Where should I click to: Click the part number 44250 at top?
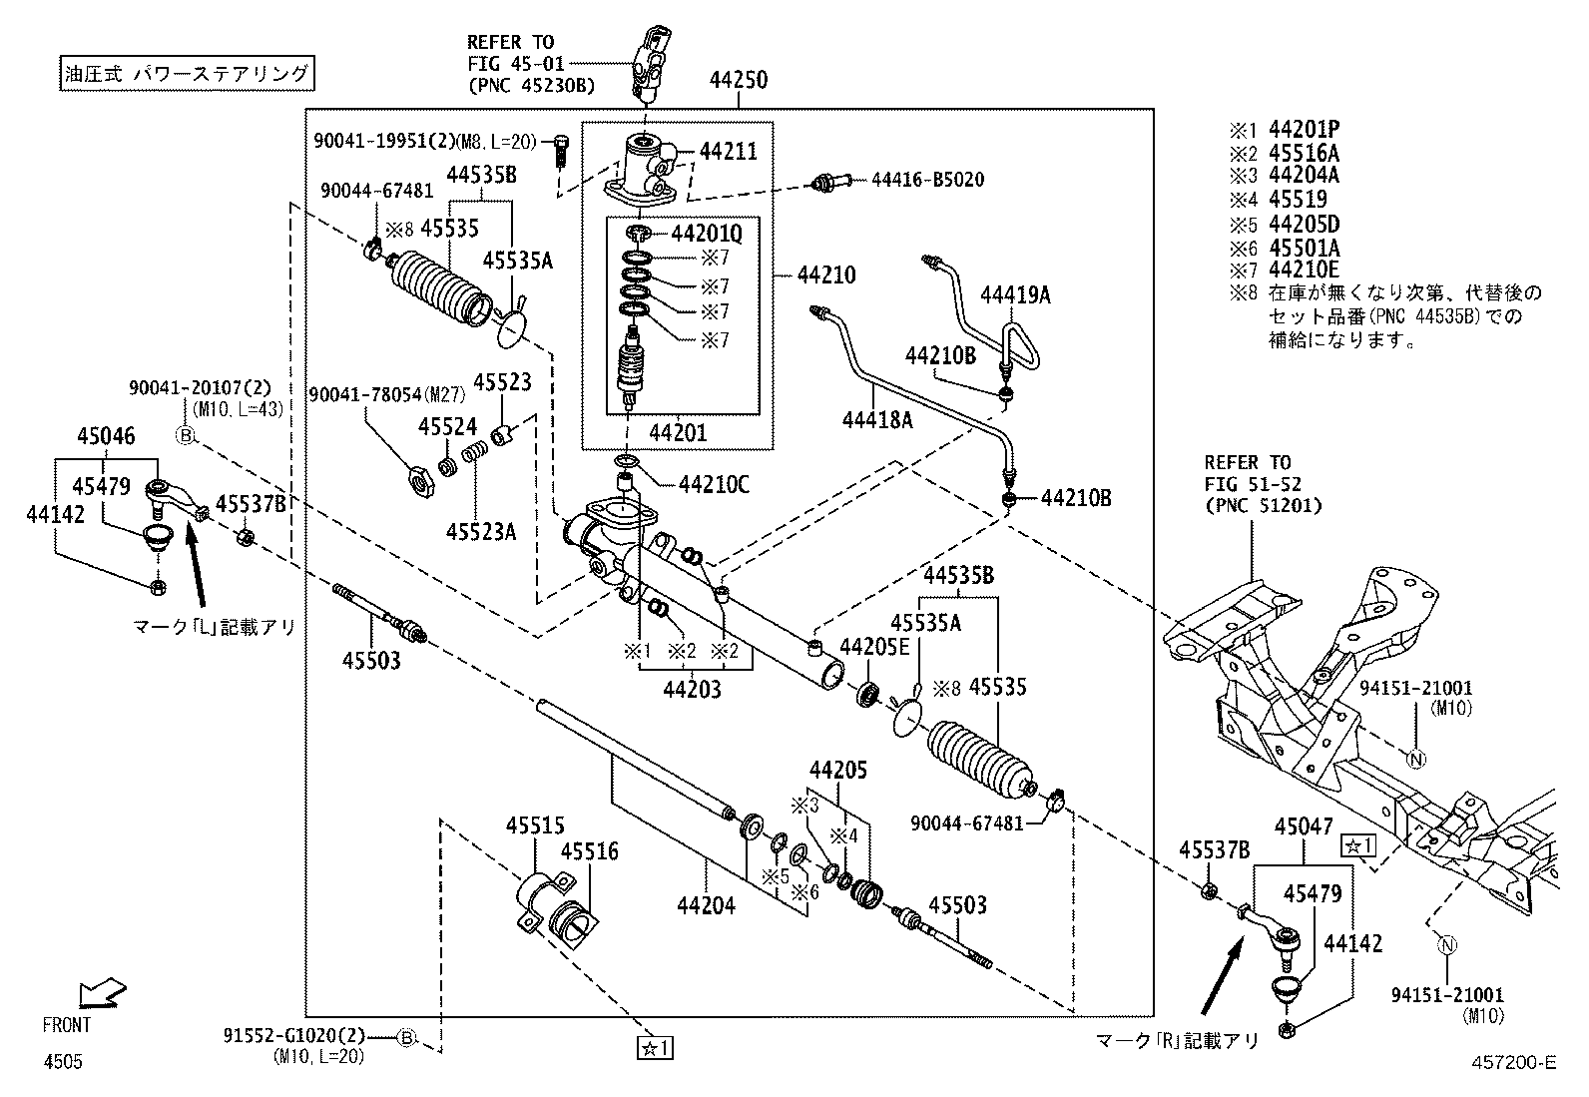pyautogui.click(x=739, y=80)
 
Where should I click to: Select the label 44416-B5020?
pyautogui.click(x=927, y=180)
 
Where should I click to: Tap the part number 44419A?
pyautogui.click(x=1015, y=294)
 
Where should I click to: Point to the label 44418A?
pyautogui.click(x=877, y=420)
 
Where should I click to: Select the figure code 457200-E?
pyautogui.click(x=1512, y=1063)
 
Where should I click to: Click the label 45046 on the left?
pyautogui.click(x=106, y=437)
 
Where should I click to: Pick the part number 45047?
pyautogui.click(x=1304, y=827)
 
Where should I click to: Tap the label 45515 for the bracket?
pyautogui.click(x=535, y=826)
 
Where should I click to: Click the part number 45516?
pyautogui.click(x=589, y=851)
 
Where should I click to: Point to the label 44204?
pyautogui.click(x=706, y=906)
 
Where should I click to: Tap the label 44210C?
pyautogui.click(x=714, y=485)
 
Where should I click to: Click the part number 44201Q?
pyautogui.click(x=707, y=234)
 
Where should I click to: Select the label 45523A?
pyautogui.click(x=480, y=531)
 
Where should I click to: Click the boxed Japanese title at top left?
pyautogui.click(x=185, y=73)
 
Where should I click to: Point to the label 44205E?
pyautogui.click(x=874, y=647)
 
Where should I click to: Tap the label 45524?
pyautogui.click(x=447, y=427)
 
